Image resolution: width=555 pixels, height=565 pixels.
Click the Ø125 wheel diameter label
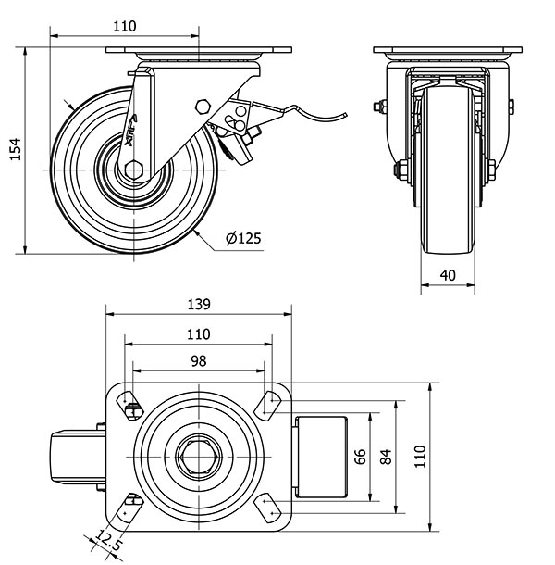pyautogui.click(x=242, y=238)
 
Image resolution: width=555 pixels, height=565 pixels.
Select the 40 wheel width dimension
pyautogui.click(x=448, y=274)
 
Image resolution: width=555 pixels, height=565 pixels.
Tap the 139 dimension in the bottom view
pyautogui.click(x=198, y=303)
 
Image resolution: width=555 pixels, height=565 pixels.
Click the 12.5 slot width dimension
pyautogui.click(x=108, y=542)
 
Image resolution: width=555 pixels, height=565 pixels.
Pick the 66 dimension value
pyautogui.click(x=361, y=456)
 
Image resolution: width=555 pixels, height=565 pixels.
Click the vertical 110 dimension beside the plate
pyautogui.click(x=420, y=456)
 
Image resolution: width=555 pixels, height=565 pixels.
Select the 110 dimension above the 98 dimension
pyautogui.click(x=198, y=333)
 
